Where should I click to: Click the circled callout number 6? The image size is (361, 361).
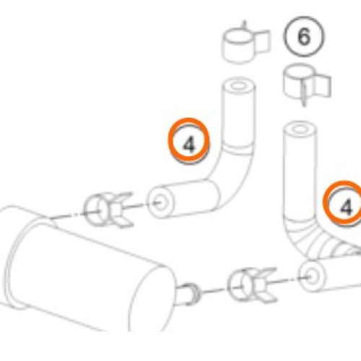(304, 37)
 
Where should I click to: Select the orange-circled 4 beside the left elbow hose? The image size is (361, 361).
(188, 141)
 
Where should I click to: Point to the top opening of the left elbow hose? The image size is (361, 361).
(238, 86)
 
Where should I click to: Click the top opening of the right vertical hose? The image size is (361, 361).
(300, 130)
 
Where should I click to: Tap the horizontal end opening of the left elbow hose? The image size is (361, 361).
(160, 202)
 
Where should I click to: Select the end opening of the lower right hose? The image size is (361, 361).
(313, 276)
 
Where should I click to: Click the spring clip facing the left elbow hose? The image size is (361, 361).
(108, 209)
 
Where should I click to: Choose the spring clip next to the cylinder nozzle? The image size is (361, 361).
(252, 285)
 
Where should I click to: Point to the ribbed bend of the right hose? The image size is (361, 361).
(320, 243)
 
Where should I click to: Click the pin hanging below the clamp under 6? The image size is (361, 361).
(304, 95)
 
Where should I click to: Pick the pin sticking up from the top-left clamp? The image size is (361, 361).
(245, 26)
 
